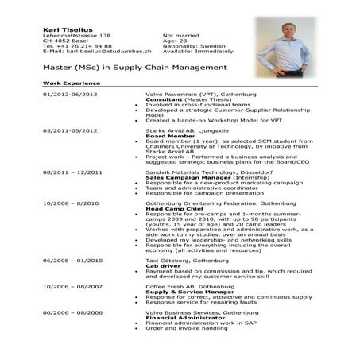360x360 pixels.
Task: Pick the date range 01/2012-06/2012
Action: (x=68, y=94)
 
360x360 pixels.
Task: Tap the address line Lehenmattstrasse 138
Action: (x=76, y=36)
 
